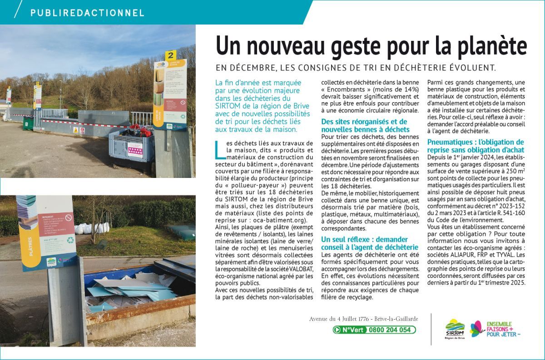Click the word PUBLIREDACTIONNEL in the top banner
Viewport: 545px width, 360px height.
click(x=87, y=13)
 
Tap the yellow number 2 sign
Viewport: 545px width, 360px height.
click(x=171, y=55)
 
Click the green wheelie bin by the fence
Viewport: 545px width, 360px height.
click(x=28, y=122)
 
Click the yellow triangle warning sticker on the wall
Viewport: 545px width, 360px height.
click(x=76, y=130)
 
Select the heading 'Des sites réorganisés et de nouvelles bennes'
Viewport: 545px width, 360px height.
click(x=364, y=125)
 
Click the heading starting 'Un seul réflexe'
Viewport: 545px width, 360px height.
click(x=369, y=243)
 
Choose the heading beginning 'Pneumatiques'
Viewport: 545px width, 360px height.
click(x=476, y=145)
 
